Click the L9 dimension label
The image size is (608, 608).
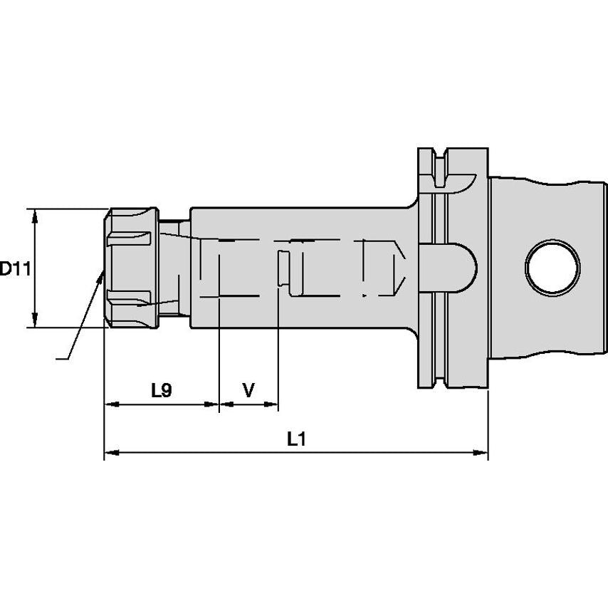click(x=162, y=390)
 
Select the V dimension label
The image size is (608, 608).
click(x=248, y=390)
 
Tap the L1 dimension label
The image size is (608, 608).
click(x=296, y=439)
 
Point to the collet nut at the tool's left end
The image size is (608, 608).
click(x=131, y=268)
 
